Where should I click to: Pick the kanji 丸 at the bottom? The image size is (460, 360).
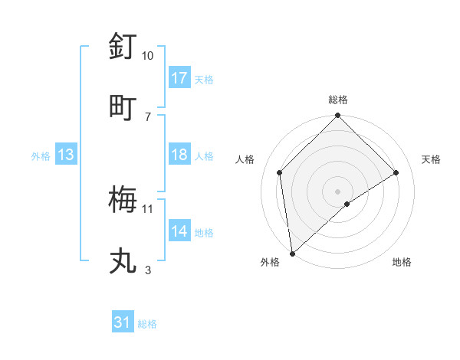(x=123, y=260)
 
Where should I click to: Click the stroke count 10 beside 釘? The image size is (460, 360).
(x=148, y=56)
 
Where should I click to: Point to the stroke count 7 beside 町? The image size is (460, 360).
(x=148, y=116)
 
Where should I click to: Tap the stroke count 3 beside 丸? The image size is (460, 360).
(x=148, y=270)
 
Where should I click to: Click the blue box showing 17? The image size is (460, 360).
(x=179, y=78)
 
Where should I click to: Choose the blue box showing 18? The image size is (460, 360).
(x=179, y=155)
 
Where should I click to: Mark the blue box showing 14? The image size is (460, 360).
(x=179, y=231)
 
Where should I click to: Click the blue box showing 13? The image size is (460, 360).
(x=66, y=155)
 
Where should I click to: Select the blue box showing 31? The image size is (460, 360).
(x=123, y=322)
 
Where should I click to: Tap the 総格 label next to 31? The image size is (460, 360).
(x=147, y=324)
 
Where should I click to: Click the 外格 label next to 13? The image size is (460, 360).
(x=41, y=156)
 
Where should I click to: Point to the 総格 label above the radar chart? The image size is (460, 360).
(x=338, y=100)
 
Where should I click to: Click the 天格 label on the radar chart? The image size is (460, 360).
(x=432, y=159)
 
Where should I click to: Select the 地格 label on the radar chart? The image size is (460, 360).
(x=402, y=263)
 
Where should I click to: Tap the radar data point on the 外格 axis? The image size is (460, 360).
(x=292, y=253)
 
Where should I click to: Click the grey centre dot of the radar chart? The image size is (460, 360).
(x=338, y=191)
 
